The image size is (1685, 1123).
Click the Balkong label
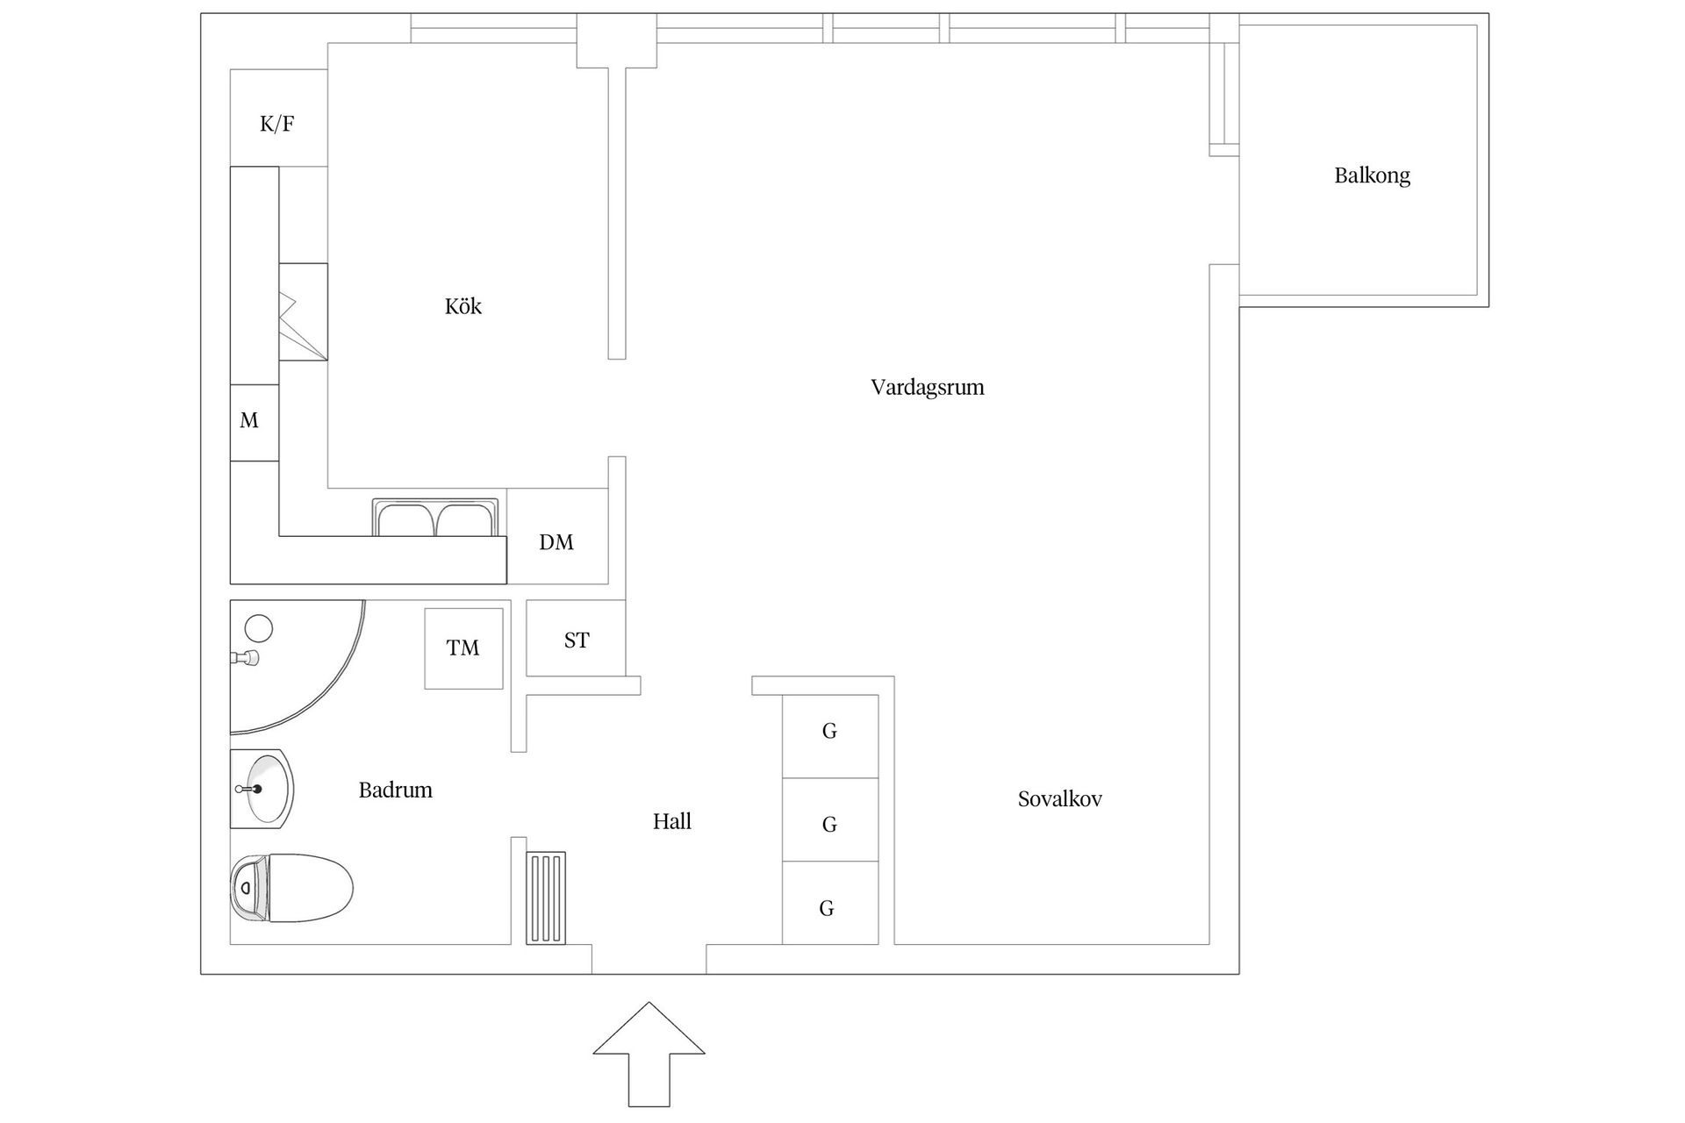(1372, 175)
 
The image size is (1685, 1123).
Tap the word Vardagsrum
(927, 387)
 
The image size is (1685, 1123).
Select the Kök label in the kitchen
(462, 306)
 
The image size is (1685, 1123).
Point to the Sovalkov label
(1059, 799)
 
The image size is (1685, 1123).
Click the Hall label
(671, 821)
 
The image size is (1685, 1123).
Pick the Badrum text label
(395, 790)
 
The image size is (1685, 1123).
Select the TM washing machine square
(463, 648)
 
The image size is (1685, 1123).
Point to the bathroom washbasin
(262, 789)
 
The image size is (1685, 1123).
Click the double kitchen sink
(435, 518)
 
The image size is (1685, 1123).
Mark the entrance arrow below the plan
(649, 1053)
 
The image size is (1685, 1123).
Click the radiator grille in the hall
(546, 898)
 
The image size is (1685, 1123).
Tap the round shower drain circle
(259, 628)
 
